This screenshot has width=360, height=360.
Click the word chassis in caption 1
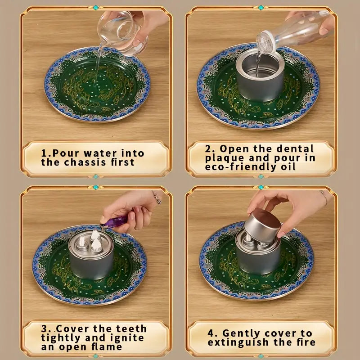click(x=85, y=162)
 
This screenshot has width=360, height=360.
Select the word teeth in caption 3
click(x=131, y=329)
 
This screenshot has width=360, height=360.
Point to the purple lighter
click(x=114, y=222)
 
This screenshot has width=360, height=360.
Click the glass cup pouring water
click(x=122, y=32)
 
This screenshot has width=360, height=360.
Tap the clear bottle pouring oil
click(x=294, y=32)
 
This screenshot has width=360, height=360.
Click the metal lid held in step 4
click(x=262, y=226)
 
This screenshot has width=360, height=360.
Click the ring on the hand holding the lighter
click(x=157, y=198)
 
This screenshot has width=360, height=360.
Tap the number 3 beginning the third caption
click(x=44, y=329)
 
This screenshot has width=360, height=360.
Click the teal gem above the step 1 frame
click(x=96, y=8)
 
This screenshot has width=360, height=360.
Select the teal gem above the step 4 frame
click(x=261, y=187)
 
